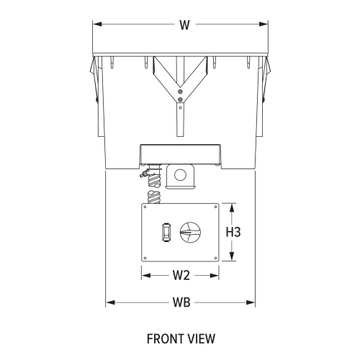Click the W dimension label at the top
[184, 24]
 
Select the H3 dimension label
[233, 232]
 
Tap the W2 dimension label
[181, 275]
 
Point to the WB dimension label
[181, 302]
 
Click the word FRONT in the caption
[163, 338]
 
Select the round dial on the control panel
[190, 233]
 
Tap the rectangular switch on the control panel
[166, 233]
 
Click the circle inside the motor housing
[180, 174]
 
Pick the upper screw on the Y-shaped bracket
[180, 91]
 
